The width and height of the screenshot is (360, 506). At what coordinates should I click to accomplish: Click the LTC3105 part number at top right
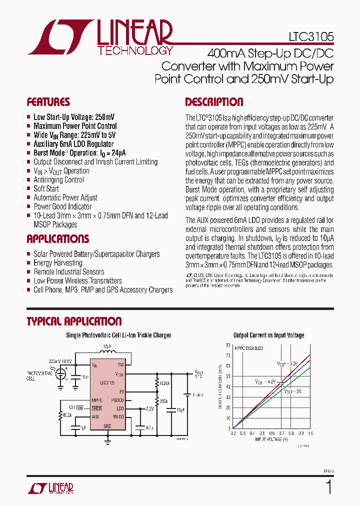[x=311, y=37]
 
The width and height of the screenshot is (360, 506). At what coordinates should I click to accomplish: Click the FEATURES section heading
[x=48, y=102]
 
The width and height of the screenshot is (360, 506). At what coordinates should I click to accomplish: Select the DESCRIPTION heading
[x=214, y=102]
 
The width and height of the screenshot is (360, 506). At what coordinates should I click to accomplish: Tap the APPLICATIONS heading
[x=58, y=238]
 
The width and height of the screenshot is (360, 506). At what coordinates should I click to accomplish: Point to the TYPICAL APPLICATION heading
[x=74, y=321]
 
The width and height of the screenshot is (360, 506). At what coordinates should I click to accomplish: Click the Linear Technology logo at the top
[x=100, y=37]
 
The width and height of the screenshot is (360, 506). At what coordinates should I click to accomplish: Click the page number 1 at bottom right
[x=328, y=486]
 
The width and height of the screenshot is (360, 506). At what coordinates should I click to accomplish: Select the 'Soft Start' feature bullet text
[x=46, y=188]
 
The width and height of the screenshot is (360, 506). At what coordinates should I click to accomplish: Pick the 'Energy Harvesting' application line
[x=58, y=262]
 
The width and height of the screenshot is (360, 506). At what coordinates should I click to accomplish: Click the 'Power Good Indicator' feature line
[x=62, y=206]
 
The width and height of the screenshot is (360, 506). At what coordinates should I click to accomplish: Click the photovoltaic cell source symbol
[x=61, y=374]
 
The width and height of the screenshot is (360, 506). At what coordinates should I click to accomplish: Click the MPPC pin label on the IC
[x=97, y=400]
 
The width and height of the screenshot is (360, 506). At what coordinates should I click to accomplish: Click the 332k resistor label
[x=164, y=401]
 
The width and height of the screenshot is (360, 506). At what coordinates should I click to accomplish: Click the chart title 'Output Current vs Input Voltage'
[x=268, y=335]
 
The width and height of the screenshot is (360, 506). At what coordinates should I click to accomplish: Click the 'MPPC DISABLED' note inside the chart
[x=250, y=348]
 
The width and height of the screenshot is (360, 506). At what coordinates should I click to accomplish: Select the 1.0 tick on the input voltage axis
[x=310, y=433]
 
